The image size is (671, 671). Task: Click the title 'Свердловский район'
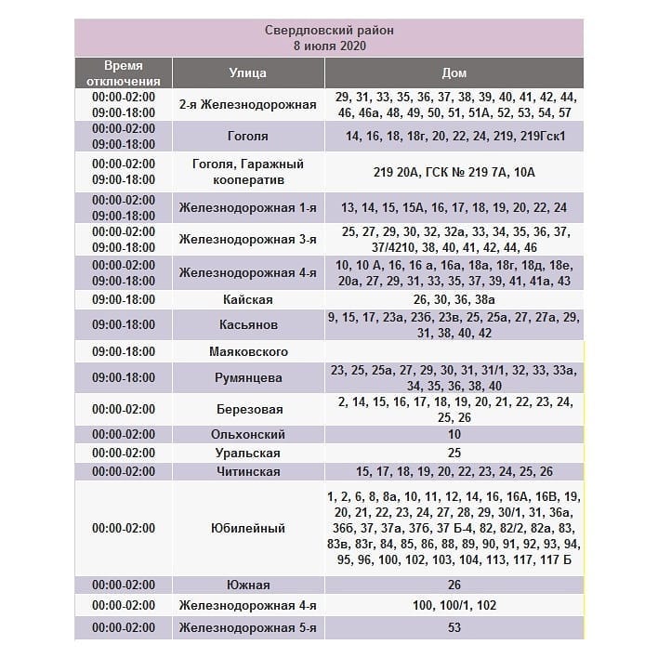(x=329, y=31)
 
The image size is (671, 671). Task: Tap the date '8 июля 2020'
(x=329, y=45)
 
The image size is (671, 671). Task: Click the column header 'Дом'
(x=454, y=72)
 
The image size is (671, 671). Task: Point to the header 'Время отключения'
(x=124, y=72)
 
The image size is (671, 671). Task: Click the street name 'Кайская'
(x=247, y=300)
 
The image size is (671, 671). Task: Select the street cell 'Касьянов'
(x=247, y=325)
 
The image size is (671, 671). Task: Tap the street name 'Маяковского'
(x=247, y=351)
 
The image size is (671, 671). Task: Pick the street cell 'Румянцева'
(x=247, y=378)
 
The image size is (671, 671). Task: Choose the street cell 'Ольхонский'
(x=247, y=434)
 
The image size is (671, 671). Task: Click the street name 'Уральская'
(x=247, y=453)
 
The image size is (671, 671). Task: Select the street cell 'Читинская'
(x=247, y=471)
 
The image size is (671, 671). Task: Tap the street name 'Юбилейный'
(x=247, y=528)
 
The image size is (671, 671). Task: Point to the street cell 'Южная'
(x=247, y=585)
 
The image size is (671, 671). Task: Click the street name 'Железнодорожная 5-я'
(x=247, y=627)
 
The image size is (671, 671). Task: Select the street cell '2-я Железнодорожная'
(x=247, y=104)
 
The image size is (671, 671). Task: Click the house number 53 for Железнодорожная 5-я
(x=454, y=627)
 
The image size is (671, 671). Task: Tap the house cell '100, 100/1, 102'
(x=454, y=605)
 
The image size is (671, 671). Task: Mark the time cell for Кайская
(x=124, y=300)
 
